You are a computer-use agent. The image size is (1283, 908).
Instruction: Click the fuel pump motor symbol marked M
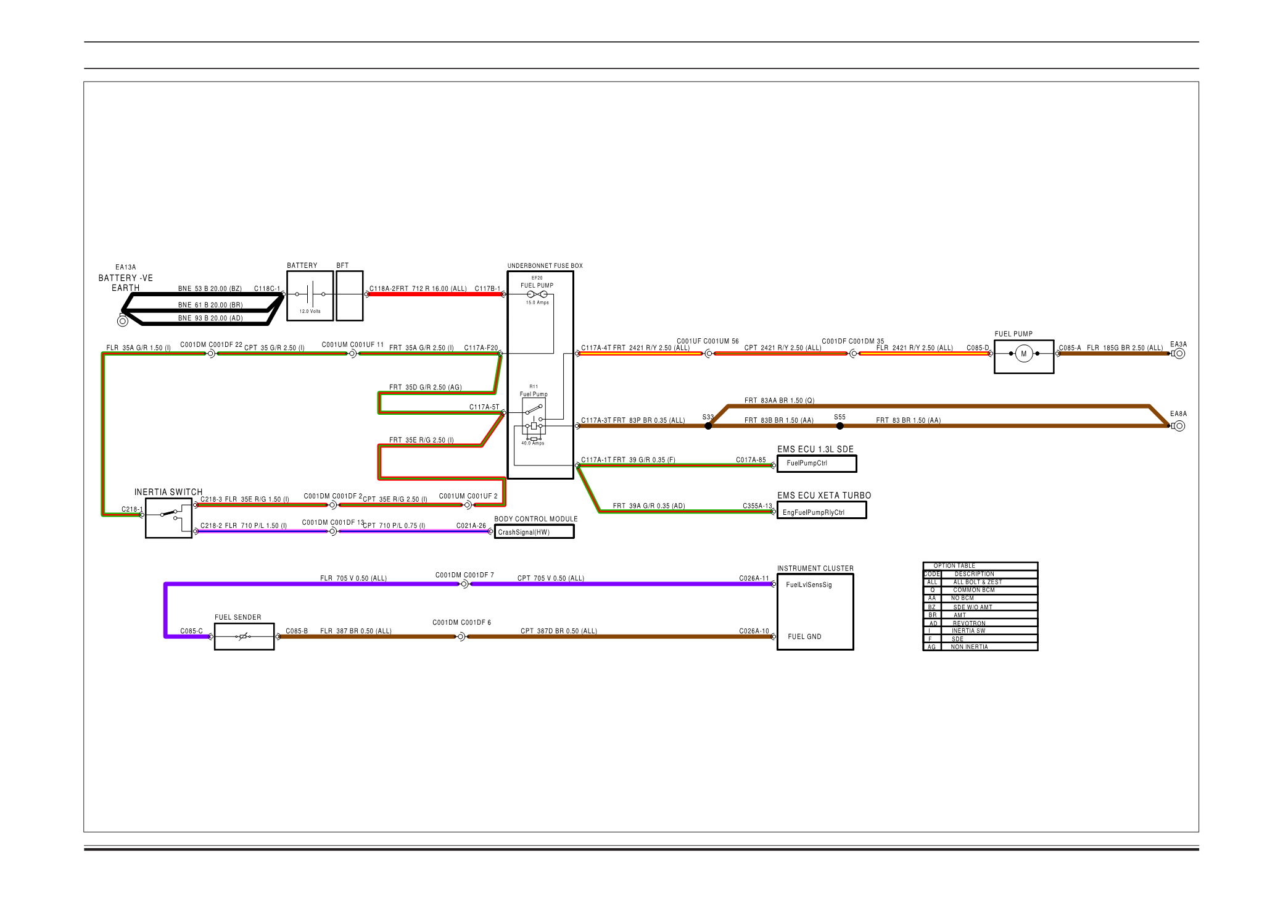click(x=1023, y=354)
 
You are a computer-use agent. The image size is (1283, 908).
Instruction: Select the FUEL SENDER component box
click(x=244, y=636)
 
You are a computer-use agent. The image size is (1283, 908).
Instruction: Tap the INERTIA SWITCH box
click(x=168, y=519)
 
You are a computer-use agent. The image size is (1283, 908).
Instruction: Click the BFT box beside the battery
click(x=349, y=296)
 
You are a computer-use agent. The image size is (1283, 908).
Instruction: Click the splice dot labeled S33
click(x=708, y=426)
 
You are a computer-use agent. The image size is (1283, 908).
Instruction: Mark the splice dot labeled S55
click(x=840, y=426)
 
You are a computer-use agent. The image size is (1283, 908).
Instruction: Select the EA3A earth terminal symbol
click(x=1179, y=354)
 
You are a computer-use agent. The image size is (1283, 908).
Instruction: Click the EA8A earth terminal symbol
click(x=1179, y=426)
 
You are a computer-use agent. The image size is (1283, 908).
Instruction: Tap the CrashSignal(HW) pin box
click(x=534, y=532)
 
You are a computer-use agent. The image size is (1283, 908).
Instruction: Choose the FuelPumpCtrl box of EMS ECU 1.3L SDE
click(x=817, y=464)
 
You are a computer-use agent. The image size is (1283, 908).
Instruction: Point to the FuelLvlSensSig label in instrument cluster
click(x=809, y=585)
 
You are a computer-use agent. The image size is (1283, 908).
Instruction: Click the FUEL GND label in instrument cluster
click(x=804, y=636)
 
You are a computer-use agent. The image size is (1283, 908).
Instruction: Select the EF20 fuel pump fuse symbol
click(x=537, y=294)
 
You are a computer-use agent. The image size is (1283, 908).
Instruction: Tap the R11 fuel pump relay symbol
click(x=534, y=417)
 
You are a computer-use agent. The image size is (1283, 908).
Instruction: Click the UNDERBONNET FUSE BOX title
click(x=545, y=266)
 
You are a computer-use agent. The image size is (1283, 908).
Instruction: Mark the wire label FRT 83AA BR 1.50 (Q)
click(x=779, y=401)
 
